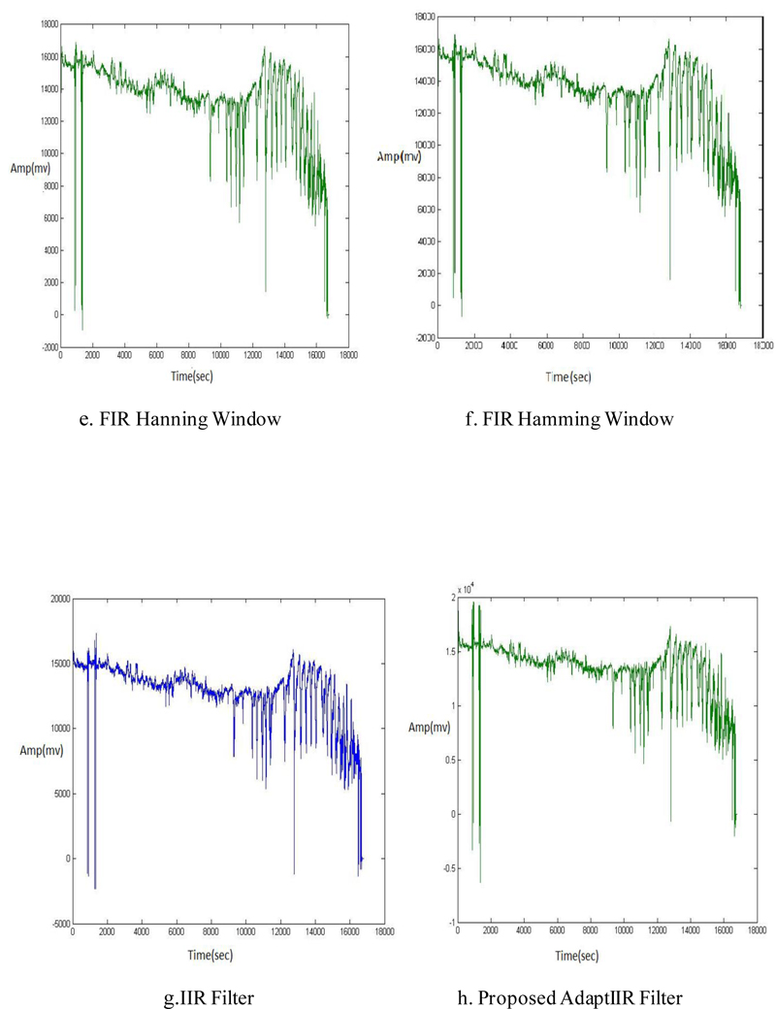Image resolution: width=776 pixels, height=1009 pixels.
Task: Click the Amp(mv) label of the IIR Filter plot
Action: [39, 750]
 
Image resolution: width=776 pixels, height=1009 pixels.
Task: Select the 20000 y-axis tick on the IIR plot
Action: [57, 599]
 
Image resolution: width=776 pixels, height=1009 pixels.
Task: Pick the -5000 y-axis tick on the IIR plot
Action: [57, 924]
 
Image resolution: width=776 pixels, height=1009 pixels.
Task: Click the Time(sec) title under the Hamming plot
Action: [570, 376]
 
